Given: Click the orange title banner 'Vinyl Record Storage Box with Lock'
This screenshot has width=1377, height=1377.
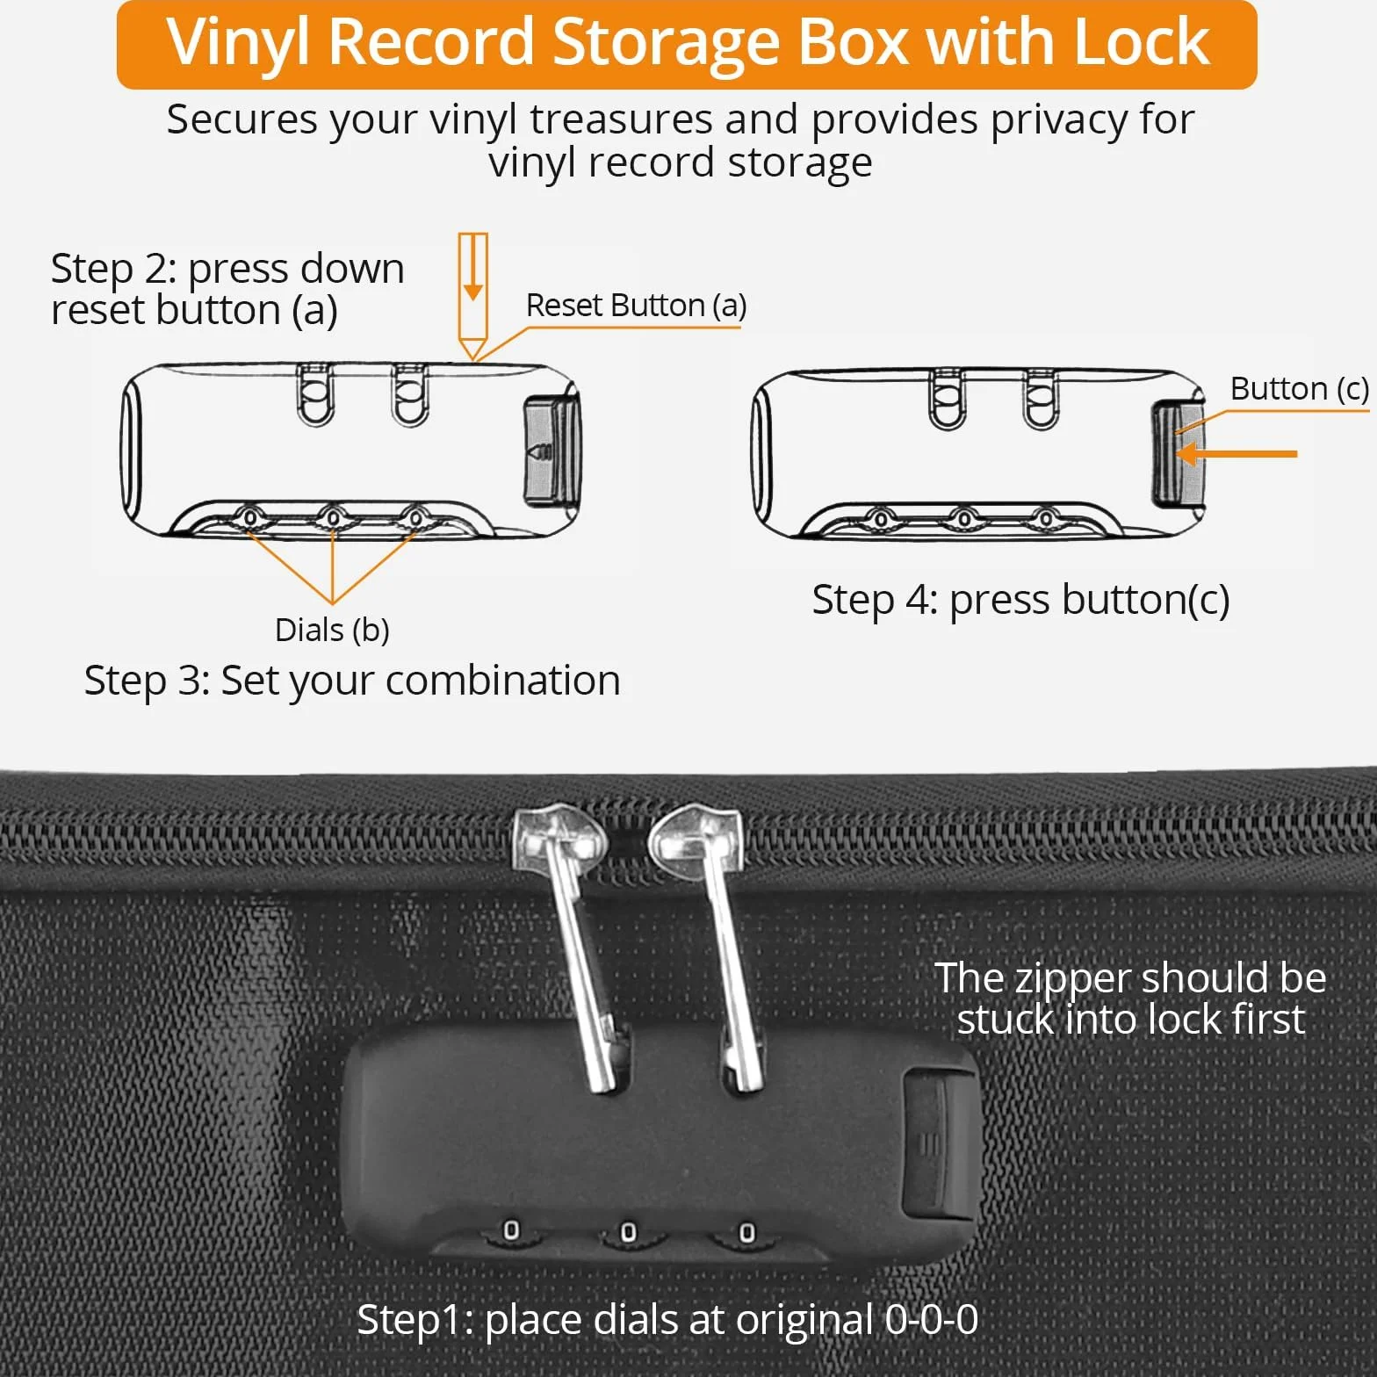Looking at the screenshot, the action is tap(687, 44).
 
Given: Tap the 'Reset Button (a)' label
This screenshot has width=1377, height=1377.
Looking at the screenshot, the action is tap(636, 306).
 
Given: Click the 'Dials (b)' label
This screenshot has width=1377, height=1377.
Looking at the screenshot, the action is tap(332, 630).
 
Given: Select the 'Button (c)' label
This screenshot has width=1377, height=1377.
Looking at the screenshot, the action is tap(1299, 388).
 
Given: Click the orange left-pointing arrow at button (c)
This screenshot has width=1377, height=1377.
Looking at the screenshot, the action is tap(1236, 454).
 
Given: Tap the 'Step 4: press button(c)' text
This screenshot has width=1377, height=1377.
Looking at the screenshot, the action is tap(1020, 600).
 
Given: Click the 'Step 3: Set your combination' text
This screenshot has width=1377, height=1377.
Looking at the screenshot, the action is tap(352, 681).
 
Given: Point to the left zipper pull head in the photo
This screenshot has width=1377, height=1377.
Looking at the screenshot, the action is tap(559, 835).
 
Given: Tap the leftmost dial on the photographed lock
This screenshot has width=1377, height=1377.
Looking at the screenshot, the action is tap(510, 1231).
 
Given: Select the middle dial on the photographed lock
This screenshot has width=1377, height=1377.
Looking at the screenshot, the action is tap(628, 1233).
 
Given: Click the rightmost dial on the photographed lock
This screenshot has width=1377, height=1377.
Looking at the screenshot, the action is tap(746, 1233).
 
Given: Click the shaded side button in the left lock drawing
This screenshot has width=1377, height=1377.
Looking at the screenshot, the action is tap(551, 451).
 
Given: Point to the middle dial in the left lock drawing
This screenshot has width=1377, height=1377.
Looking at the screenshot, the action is tap(333, 518).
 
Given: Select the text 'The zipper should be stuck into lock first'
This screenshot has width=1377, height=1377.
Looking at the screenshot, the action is tap(1130, 999).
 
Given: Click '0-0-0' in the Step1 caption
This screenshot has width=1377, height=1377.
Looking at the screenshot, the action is tap(932, 1319).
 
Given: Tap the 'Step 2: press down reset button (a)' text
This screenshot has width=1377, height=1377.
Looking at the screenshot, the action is tap(227, 289).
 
